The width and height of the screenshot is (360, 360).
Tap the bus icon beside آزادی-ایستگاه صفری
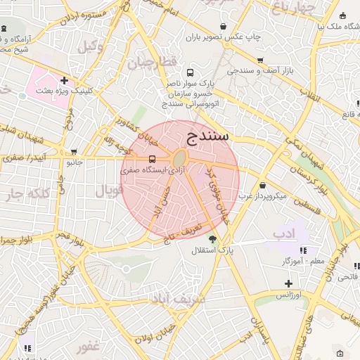tap(153, 160)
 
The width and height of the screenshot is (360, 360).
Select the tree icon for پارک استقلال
tap(213, 240)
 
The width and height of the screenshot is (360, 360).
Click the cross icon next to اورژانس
tap(288, 284)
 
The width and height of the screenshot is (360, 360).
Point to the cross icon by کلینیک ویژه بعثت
tap(65, 80)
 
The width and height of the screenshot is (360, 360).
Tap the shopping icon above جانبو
tap(74, 152)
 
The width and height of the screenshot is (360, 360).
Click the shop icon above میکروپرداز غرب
tap(263, 185)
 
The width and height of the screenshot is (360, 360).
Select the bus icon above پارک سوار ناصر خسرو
tap(190, 72)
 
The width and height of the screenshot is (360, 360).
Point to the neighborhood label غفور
tap(89, 346)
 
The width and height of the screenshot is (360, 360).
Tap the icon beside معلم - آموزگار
tap(303, 250)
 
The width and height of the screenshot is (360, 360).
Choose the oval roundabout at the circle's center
tap(180, 158)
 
